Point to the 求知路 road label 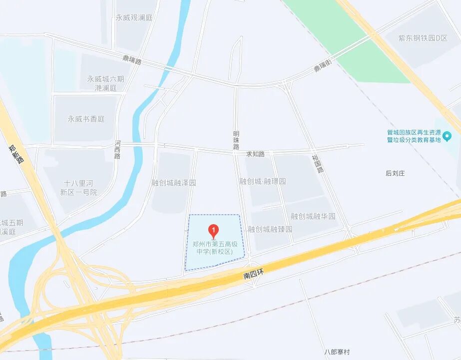(255, 154)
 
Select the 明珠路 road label (236, 140)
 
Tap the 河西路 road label (118, 149)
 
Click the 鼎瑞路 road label (132, 60)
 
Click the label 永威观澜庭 (133, 17)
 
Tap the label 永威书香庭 (86, 119)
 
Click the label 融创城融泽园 (174, 183)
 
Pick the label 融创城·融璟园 (263, 181)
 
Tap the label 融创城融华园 (313, 216)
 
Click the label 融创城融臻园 (270, 229)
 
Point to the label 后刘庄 (395, 173)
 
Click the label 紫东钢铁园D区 (423, 38)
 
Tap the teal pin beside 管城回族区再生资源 (447, 135)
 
